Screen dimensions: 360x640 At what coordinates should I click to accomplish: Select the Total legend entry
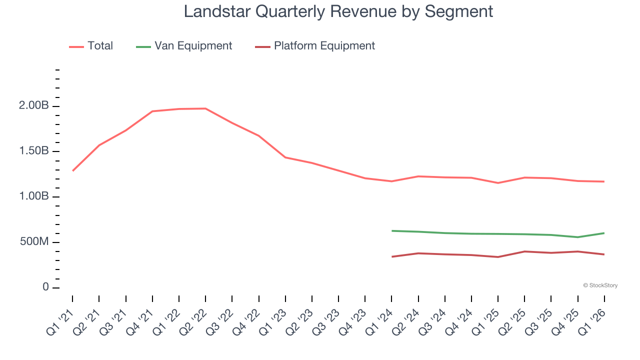click(x=100, y=46)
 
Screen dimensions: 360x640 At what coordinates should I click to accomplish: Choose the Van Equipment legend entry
click(x=193, y=46)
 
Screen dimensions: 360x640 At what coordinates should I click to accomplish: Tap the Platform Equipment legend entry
click(x=324, y=46)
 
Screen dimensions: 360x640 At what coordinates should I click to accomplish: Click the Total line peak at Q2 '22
click(x=205, y=108)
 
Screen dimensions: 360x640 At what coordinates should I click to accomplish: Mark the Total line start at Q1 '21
click(x=73, y=170)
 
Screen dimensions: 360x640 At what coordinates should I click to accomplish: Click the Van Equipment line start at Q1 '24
click(x=392, y=230)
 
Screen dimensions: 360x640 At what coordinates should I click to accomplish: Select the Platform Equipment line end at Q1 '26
click(x=604, y=254)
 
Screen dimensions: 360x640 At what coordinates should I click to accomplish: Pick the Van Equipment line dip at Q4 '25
click(x=577, y=237)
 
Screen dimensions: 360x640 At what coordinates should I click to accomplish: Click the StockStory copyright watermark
click(x=600, y=285)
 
